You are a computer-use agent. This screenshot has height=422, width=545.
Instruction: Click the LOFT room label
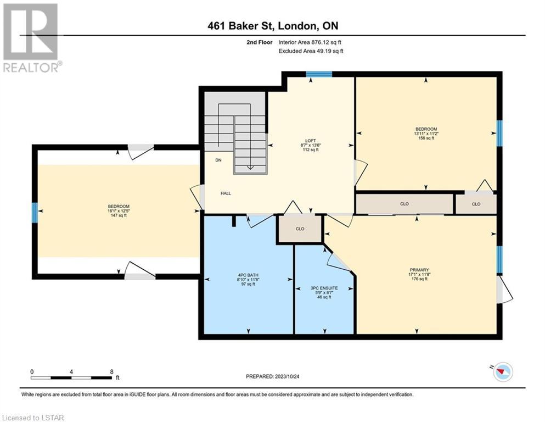pos(311,141)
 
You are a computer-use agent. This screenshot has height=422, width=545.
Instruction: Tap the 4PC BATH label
pos(248,275)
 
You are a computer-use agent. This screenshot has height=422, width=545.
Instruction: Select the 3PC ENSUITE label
pos(324,288)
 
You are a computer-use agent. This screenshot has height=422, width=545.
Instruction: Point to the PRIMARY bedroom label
pos(419,270)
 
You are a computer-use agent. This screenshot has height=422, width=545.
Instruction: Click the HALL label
pos(226,193)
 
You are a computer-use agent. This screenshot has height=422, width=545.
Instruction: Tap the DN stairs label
pos(218,160)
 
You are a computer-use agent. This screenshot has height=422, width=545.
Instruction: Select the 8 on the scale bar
pos(111,371)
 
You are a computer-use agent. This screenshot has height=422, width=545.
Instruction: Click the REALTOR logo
pos(32,38)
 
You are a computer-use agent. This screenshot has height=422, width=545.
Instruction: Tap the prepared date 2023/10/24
pos(286,376)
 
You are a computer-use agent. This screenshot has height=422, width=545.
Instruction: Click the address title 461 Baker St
pos(241,26)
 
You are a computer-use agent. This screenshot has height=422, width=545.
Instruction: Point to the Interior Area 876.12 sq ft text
pos(310,42)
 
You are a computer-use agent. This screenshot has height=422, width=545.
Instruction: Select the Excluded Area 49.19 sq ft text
pos(311,51)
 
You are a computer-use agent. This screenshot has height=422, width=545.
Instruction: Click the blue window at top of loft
pos(319,74)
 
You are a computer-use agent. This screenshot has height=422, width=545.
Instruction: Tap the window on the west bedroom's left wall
pos(35,213)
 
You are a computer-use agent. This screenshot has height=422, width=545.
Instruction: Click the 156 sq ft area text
pos(426,138)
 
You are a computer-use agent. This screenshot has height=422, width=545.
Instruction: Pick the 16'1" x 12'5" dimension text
pos(118,211)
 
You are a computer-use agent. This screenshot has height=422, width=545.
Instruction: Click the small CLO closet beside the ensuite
pos(300,229)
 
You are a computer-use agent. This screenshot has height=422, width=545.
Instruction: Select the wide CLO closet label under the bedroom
pos(404,204)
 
